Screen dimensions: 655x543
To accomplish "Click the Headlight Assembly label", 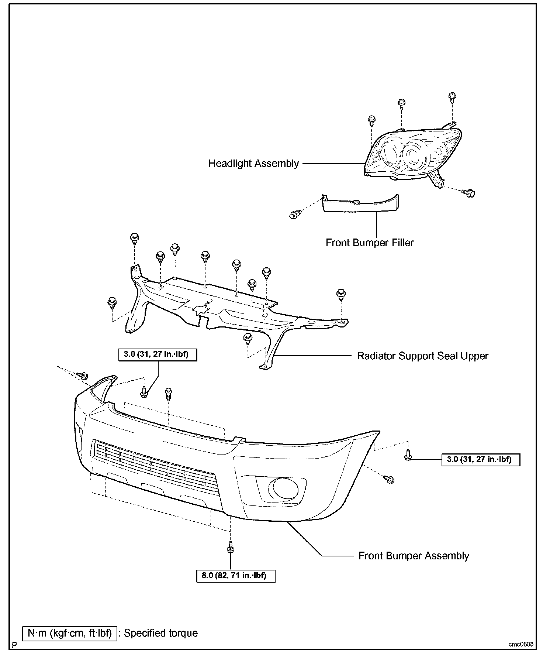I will pyautogui.click(x=253, y=163).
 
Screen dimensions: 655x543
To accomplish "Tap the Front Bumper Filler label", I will pyautogui.click(x=369, y=243).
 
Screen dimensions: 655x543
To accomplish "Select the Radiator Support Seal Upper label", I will pyautogui.click(x=422, y=356).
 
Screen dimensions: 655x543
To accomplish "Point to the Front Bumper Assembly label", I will pyautogui.click(x=414, y=556).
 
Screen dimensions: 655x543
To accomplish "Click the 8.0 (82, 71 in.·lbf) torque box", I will pyautogui.click(x=236, y=575).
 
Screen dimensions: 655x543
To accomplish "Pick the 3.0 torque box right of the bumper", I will pyautogui.click(x=481, y=459).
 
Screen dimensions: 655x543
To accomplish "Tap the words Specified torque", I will pyautogui.click(x=161, y=633).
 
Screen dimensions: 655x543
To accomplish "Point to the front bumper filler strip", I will pyautogui.click(x=360, y=204).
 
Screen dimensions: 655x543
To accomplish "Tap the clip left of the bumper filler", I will pyautogui.click(x=294, y=214).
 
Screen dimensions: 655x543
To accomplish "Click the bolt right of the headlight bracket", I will pyautogui.click(x=469, y=192).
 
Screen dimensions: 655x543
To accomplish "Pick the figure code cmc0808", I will pyautogui.click(x=521, y=644).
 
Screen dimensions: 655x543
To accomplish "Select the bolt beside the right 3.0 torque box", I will pyautogui.click(x=408, y=456).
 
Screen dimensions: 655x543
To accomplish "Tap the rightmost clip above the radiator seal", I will pyautogui.click(x=341, y=295).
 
